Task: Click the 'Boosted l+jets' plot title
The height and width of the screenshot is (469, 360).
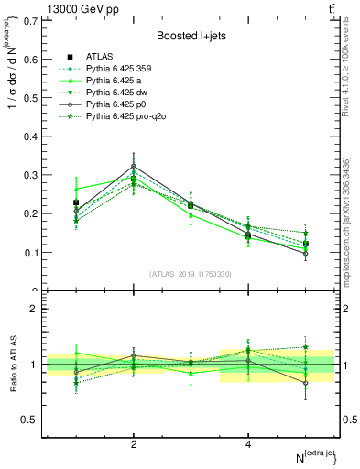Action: (x=191, y=35)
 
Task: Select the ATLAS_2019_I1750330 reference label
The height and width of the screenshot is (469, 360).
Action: (x=191, y=274)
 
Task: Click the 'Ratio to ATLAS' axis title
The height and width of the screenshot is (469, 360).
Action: (x=10, y=365)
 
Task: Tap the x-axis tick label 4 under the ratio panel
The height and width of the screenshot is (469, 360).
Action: (x=248, y=444)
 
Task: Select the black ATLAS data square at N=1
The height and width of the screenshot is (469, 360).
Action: (x=76, y=202)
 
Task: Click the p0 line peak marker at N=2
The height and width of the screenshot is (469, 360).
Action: (x=134, y=166)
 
